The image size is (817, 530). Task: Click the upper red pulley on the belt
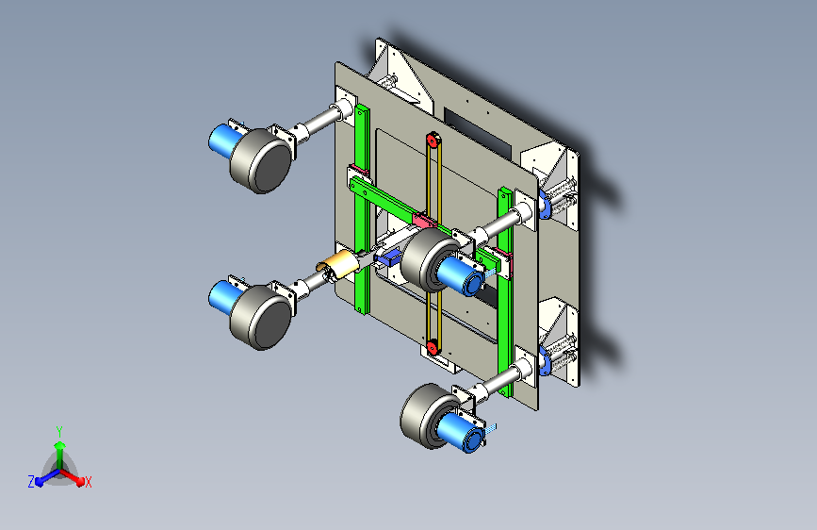point(432,140)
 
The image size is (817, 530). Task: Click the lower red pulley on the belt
point(432,347)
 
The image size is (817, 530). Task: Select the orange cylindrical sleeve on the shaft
point(341,264)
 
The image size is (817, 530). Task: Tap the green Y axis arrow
point(59,455)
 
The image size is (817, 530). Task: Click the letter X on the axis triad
point(88,483)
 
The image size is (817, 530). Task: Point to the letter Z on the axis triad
point(31,482)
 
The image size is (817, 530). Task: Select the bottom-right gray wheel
point(425,416)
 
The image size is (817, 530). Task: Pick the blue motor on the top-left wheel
point(224,140)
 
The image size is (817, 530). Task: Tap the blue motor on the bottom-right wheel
point(461,432)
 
